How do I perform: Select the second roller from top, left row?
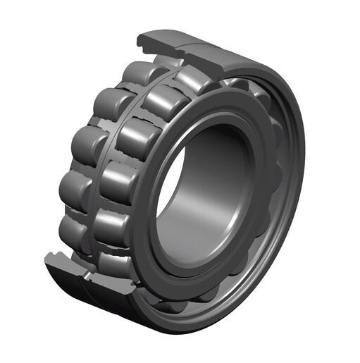[106, 104]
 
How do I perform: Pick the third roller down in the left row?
[85, 144]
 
